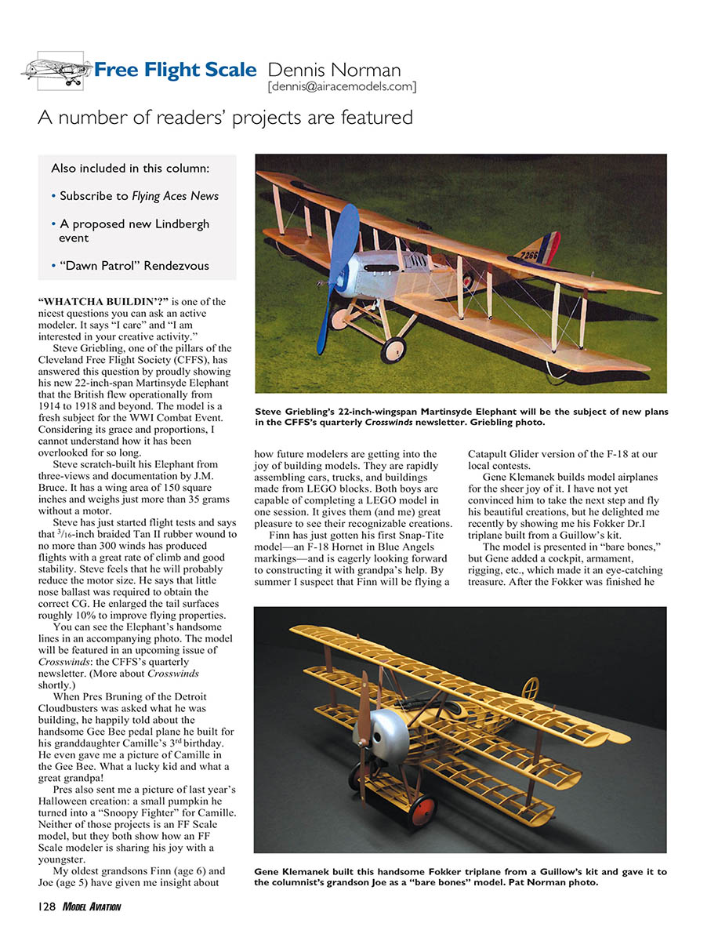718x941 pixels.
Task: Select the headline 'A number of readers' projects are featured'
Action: pos(225,118)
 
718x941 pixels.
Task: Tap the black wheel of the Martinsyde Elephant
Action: pos(393,350)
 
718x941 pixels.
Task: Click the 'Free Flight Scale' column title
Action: pos(176,70)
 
